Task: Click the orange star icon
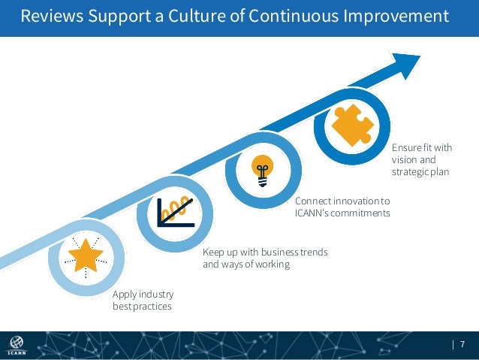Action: pos(86,256)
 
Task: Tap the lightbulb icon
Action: pos(262,170)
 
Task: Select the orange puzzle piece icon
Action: pos(351,125)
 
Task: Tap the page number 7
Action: pos(462,345)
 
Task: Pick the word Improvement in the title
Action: pos(395,16)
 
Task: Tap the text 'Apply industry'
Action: pos(143,294)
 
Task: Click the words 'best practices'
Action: pos(142,307)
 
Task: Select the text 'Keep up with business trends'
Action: pos(265,253)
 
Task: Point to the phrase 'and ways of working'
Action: pos(246,265)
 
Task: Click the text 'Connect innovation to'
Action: pos(342,201)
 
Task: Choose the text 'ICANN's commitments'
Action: pos(342,213)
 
